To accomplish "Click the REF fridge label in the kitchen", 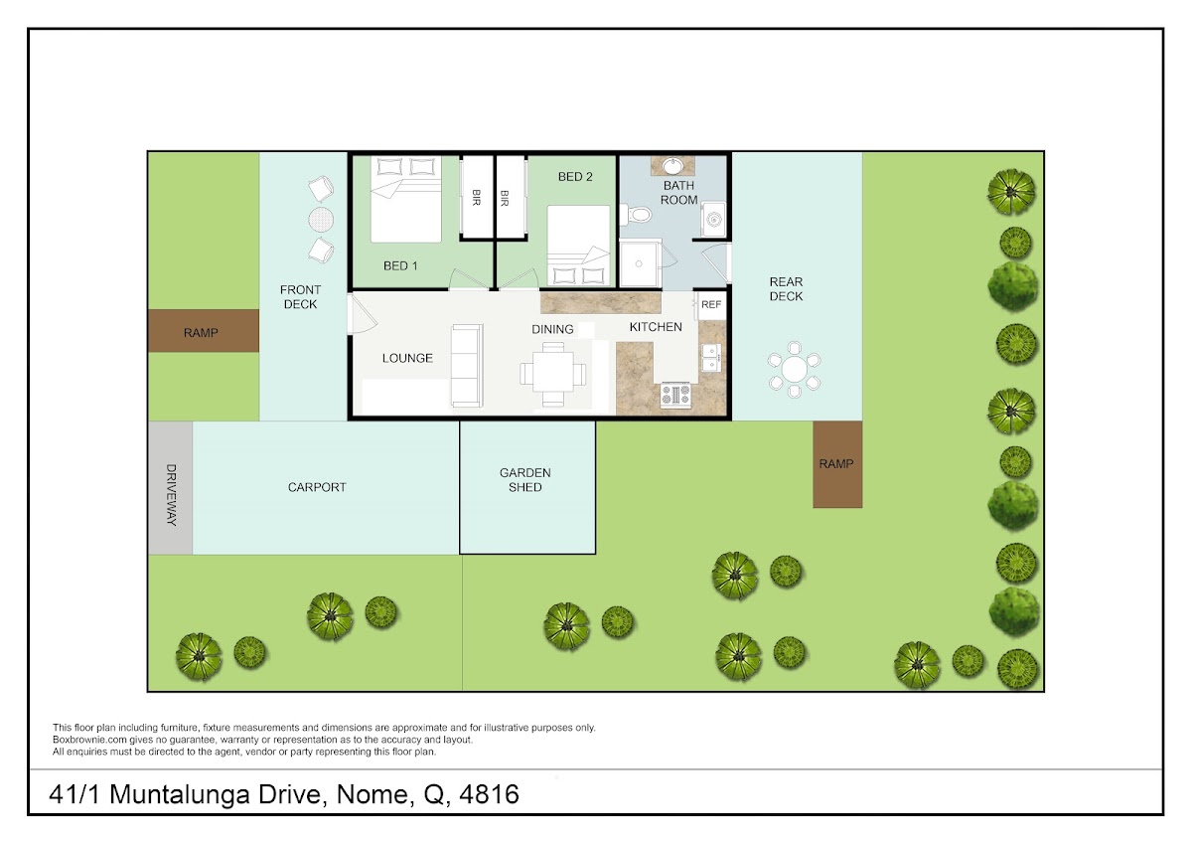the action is [711, 304].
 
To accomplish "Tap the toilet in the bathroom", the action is [636, 215].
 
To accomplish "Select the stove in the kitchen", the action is [675, 395].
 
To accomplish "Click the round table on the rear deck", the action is [794, 369].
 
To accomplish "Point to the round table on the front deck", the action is [321, 220].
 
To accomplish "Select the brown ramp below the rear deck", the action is [837, 464].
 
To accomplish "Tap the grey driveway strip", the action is [170, 488].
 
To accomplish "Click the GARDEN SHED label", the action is [524, 480].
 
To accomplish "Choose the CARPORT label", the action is [317, 487].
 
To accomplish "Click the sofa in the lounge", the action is [467, 366].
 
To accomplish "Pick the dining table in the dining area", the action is [553, 374].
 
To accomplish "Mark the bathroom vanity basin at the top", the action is [673, 166].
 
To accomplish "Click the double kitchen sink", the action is [711, 357].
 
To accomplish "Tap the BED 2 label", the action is [575, 177].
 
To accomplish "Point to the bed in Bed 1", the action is [406, 199].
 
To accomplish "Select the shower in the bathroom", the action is [640, 263].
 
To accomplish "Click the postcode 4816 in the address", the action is [489, 794].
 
